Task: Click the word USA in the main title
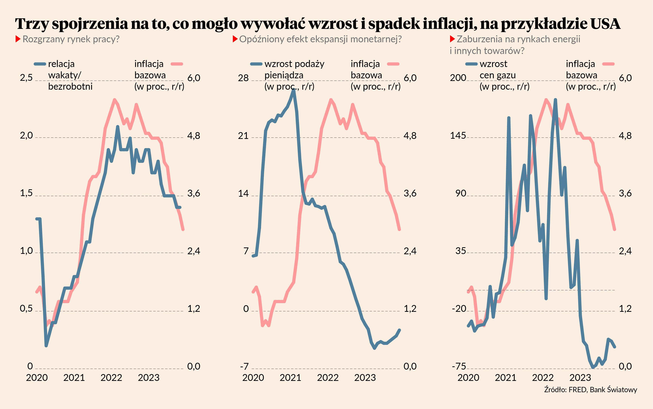pos(605,24)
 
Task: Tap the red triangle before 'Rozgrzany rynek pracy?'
pos(18,39)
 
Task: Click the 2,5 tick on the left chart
pos(26,78)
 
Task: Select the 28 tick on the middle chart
pos(243,78)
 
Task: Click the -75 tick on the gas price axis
pos(459,366)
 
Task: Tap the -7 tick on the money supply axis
pos(244,366)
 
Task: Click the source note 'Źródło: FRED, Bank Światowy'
pos(591,390)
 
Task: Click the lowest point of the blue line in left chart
pos(46,345)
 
